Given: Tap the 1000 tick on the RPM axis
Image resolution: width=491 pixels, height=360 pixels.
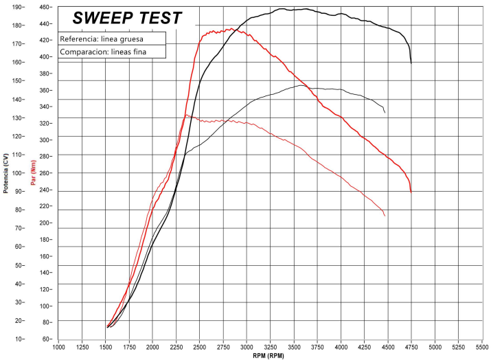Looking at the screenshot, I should (58, 347).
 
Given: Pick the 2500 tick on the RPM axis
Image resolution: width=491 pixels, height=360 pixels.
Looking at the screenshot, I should (200, 347).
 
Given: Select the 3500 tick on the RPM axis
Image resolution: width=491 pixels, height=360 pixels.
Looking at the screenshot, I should (294, 347).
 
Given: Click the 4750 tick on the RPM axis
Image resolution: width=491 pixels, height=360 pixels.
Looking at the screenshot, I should (411, 347).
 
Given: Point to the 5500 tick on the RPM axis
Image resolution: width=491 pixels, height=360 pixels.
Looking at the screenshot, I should (482, 347).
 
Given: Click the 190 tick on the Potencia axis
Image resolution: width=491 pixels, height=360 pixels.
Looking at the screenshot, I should (17, 7).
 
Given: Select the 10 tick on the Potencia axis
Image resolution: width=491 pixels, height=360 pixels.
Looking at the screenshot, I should (19, 339).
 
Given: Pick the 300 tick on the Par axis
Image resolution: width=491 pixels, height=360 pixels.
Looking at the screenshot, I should (46, 140).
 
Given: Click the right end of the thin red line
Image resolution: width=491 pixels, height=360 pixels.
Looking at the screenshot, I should (385, 216).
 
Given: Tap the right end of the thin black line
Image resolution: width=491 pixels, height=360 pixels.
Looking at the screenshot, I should (385, 112).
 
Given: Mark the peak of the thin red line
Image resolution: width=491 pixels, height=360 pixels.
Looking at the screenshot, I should (186, 115).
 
